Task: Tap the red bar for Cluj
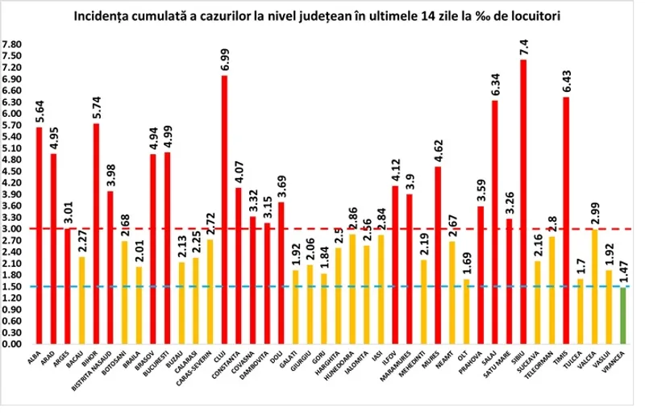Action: point(224,210)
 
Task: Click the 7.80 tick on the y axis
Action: point(13,44)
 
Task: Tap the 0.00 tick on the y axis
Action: point(13,344)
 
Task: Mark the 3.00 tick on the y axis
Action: point(13,229)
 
